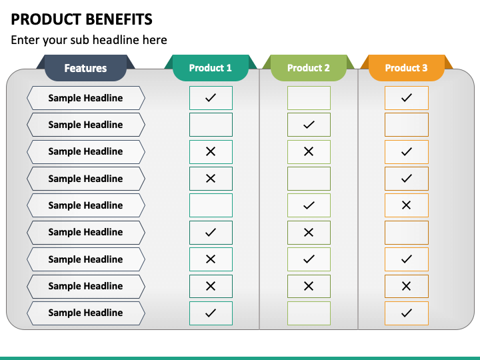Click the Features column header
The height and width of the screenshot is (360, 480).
pos(85,68)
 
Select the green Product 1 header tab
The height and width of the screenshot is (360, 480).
pos(210,68)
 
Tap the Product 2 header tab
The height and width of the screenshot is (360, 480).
pos(308,68)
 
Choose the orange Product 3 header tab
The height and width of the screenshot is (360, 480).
pos(406,68)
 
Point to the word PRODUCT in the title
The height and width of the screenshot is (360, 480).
pos(42,19)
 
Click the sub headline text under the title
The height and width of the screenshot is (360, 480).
pos(89,40)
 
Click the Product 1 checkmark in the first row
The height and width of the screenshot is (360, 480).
pos(211,98)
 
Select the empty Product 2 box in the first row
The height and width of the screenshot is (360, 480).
pos(309,98)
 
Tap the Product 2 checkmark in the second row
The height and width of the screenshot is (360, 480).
pos(309,125)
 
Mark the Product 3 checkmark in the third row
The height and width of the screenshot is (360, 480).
pos(407,152)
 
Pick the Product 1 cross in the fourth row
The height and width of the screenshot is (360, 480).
pos(211,179)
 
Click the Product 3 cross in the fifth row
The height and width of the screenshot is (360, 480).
pos(407,205)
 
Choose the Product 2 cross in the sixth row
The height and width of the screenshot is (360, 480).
pos(309,232)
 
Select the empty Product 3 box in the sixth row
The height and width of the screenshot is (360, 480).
pos(407,232)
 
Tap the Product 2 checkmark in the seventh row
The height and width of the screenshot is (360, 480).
pos(309,259)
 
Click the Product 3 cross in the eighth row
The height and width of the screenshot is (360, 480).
pos(407,286)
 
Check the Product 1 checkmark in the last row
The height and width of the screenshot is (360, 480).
pos(211,313)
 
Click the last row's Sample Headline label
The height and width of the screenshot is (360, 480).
pos(85,313)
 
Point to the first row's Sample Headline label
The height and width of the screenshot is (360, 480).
pos(85,98)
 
